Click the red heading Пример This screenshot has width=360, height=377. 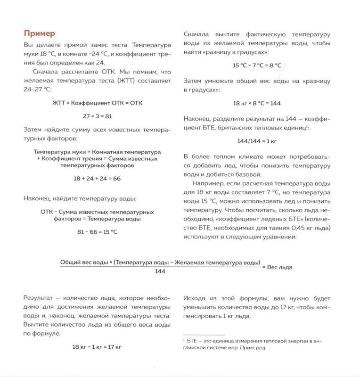click(40, 33)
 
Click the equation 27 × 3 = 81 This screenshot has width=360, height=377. click(97, 115)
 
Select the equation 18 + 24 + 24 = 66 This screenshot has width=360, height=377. click(97, 179)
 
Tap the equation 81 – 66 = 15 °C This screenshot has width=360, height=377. click(97, 232)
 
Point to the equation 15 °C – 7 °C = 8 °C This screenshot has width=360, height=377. click(257, 66)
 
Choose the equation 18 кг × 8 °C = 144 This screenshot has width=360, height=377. click(257, 103)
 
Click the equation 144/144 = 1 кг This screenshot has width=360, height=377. click(257, 140)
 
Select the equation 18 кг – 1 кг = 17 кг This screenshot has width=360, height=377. click(97, 346)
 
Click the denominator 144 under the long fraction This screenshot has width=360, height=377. click(160, 271)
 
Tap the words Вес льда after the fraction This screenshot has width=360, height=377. click(279, 267)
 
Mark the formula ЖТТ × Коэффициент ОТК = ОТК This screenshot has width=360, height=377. click(97, 102)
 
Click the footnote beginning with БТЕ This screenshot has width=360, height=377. click(254, 344)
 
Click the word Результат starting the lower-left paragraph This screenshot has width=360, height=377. click(38, 298)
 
